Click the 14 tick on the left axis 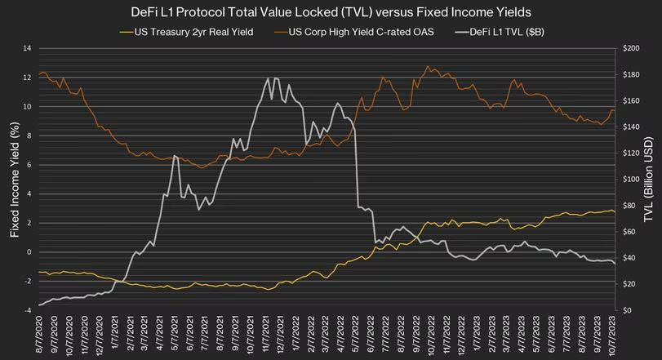point(25,49)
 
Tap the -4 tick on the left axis point(25,310)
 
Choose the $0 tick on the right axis point(628,310)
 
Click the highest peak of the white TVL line point(268,78)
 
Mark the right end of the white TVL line point(614,264)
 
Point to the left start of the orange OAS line point(39,76)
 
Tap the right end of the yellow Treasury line point(614,212)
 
